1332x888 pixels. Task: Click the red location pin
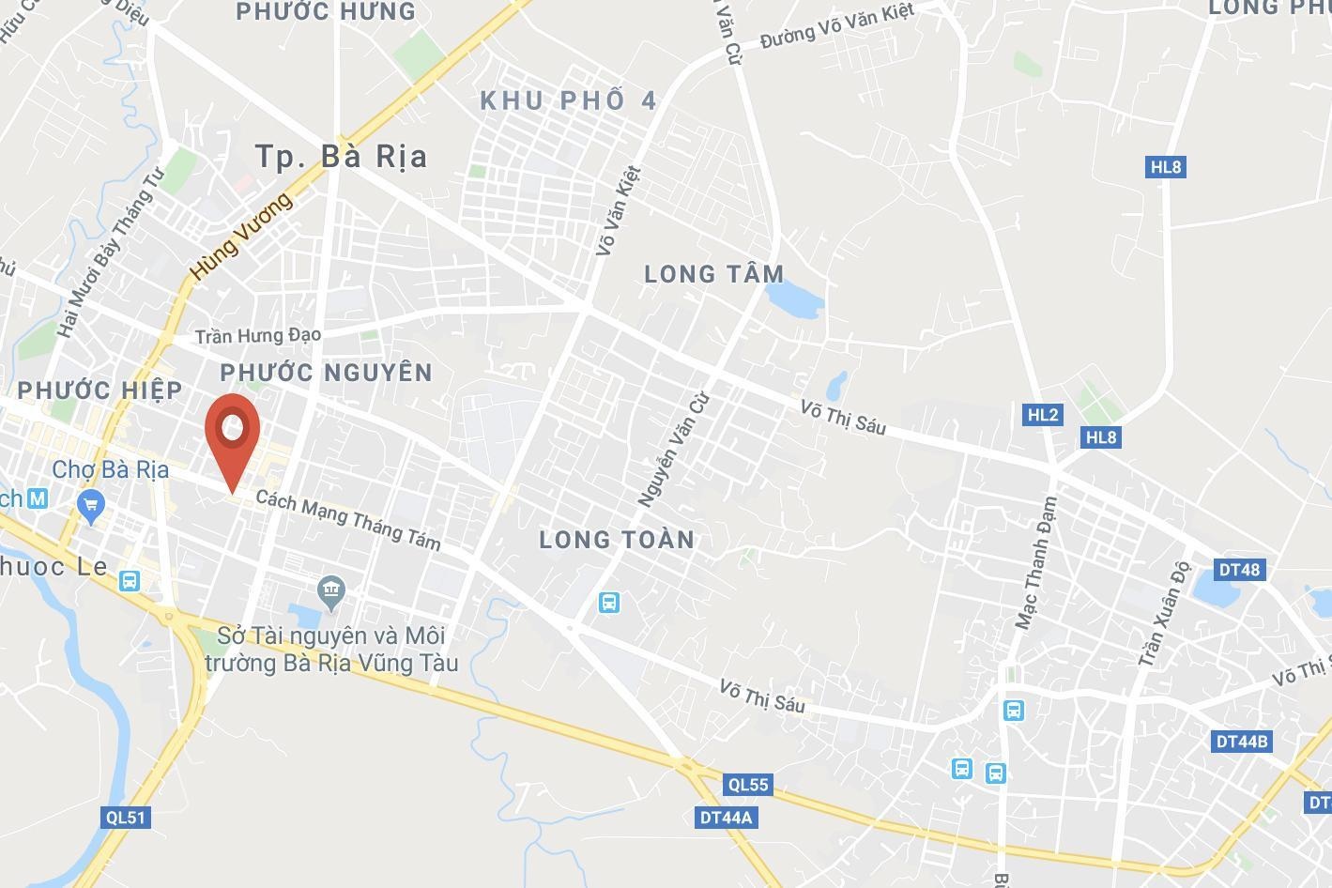(x=232, y=433)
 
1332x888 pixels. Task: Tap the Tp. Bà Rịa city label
(x=342, y=156)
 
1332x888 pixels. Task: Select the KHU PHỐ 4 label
(x=569, y=101)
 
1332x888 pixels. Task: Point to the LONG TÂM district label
(x=714, y=274)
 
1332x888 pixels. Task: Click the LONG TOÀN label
(x=617, y=539)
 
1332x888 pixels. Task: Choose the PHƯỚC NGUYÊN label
(x=327, y=373)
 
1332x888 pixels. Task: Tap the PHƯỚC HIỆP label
(x=100, y=390)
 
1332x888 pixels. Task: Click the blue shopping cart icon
(x=91, y=507)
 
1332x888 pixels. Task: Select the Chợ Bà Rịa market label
(x=111, y=469)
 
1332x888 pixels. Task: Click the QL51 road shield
(x=125, y=817)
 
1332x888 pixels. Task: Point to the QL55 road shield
(x=747, y=784)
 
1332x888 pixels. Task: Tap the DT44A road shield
(x=727, y=817)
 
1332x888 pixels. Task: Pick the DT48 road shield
(x=1239, y=569)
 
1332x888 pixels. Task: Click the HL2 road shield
(x=1042, y=414)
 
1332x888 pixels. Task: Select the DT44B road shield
(x=1242, y=741)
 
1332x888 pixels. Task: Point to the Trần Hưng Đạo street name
(x=258, y=335)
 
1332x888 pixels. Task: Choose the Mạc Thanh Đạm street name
(x=1036, y=563)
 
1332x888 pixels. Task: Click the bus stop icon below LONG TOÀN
(x=609, y=602)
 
